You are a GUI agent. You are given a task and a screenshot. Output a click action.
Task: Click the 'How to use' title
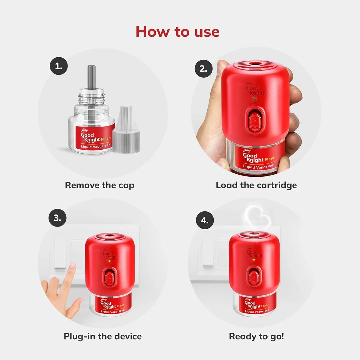pyautogui.click(x=177, y=32)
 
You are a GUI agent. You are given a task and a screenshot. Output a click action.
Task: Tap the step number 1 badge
pyautogui.click(x=58, y=67)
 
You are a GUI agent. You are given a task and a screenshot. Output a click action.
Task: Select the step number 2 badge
pyautogui.click(x=203, y=69)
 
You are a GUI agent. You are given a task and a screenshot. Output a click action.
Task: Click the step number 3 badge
pyautogui.click(x=57, y=218)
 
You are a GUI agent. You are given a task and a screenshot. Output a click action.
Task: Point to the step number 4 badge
pyautogui.click(x=204, y=220)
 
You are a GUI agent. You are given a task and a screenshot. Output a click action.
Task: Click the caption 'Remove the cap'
pyautogui.click(x=100, y=185)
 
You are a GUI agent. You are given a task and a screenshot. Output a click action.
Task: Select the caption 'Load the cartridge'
pyautogui.click(x=256, y=185)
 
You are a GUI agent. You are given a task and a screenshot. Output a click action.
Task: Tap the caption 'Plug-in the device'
pyautogui.click(x=103, y=336)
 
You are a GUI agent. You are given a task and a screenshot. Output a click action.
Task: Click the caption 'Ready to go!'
pyautogui.click(x=256, y=336)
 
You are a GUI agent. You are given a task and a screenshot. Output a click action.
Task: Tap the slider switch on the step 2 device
pyautogui.click(x=255, y=120)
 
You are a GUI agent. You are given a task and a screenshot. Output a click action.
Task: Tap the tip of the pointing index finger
pyautogui.click(x=72, y=265)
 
